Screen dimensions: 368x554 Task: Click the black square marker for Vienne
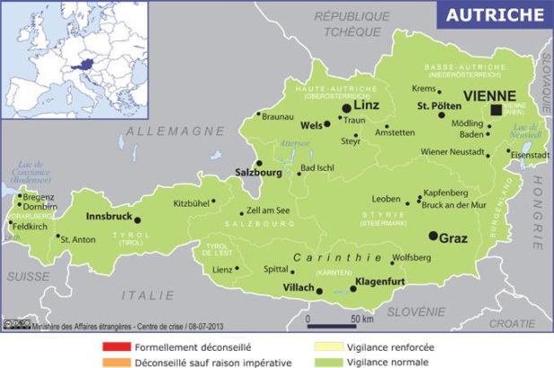(496, 109)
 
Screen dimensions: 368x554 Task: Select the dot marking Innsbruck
(137, 219)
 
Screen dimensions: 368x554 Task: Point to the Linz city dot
(346, 107)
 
